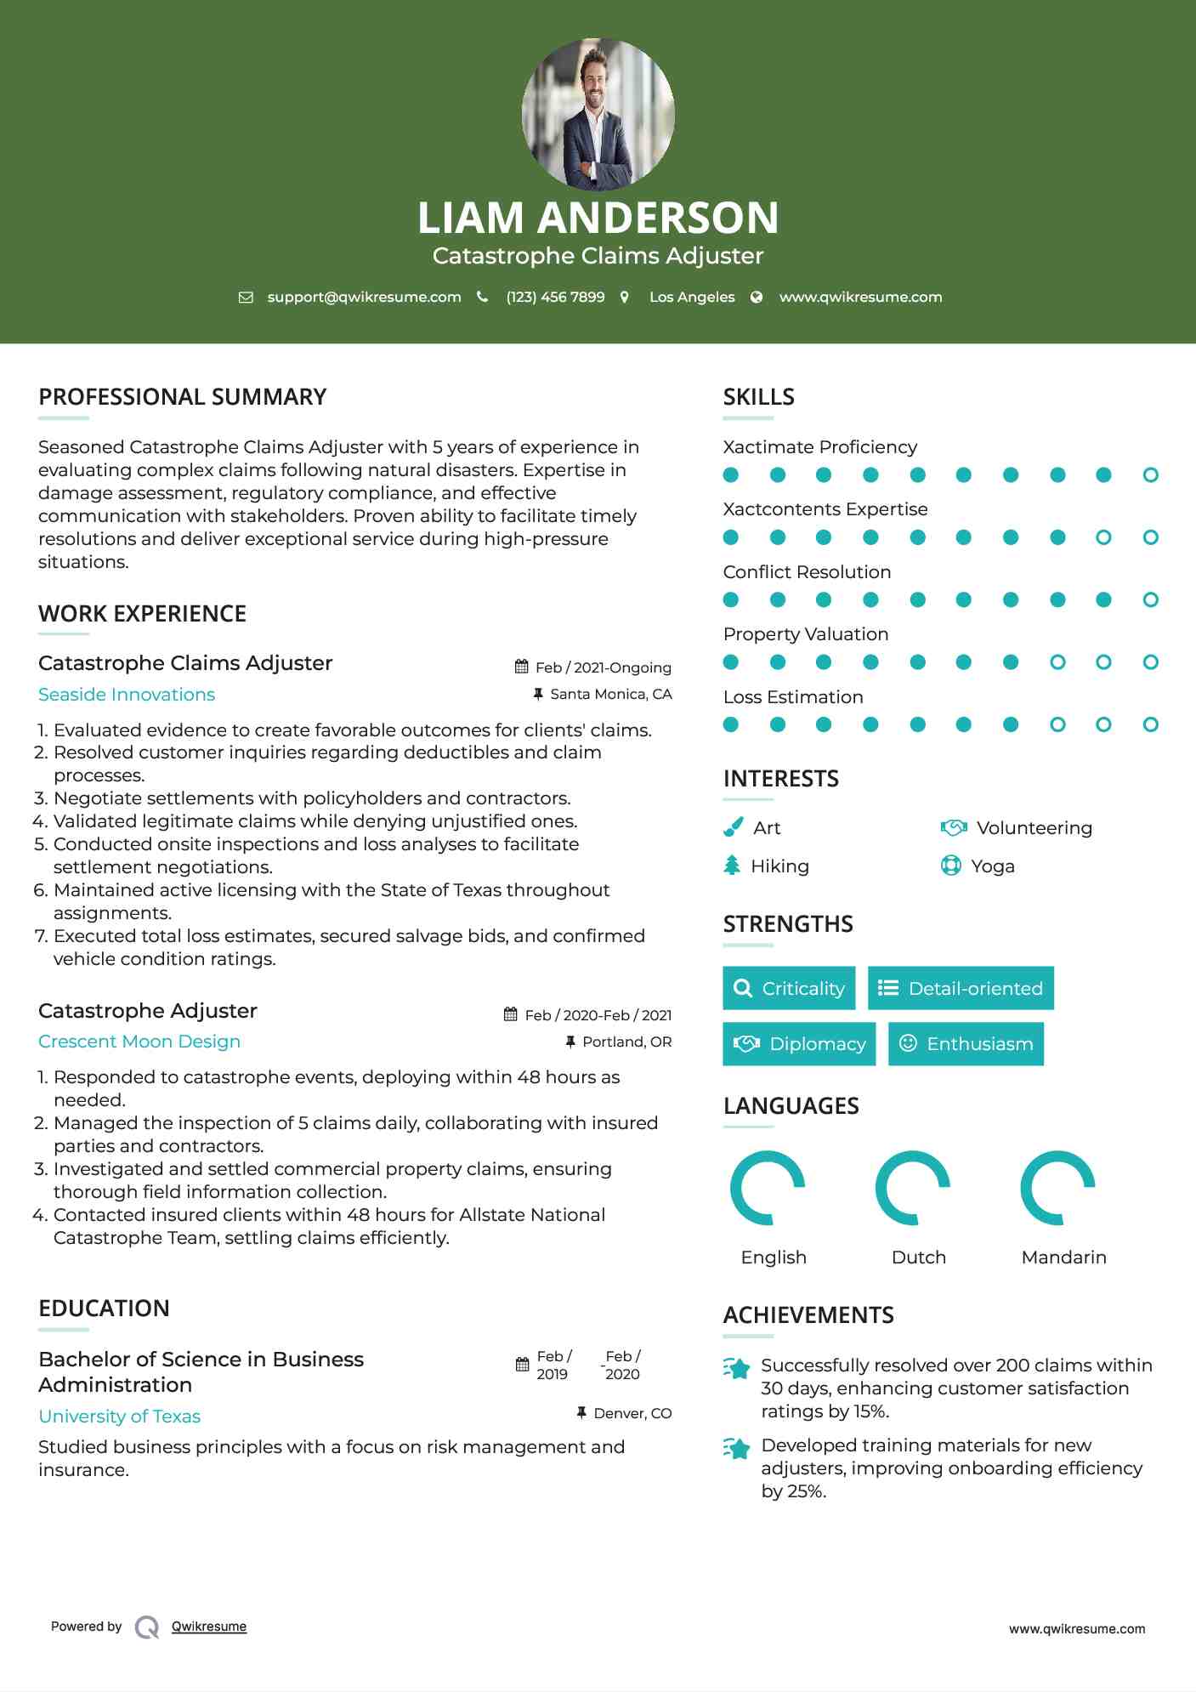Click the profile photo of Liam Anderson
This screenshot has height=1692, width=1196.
(598, 115)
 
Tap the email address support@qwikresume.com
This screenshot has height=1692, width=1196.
(364, 297)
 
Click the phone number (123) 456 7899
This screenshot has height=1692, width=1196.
(555, 297)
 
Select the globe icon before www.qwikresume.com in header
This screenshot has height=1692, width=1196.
(757, 297)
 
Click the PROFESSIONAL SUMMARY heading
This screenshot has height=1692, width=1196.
(182, 397)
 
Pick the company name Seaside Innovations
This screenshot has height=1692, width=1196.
(127, 695)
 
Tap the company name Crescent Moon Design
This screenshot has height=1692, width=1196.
(139, 1042)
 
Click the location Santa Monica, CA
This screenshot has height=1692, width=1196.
(610, 694)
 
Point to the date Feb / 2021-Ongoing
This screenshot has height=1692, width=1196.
(603, 667)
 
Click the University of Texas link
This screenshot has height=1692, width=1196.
(120, 1417)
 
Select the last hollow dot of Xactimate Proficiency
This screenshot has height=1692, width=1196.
(1150, 475)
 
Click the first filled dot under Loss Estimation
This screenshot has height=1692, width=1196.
(730, 724)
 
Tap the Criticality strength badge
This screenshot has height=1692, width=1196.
(789, 988)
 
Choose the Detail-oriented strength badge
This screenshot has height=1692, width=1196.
(961, 988)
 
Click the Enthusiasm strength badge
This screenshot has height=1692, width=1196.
(966, 1044)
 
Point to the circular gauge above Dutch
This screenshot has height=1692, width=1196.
(913, 1188)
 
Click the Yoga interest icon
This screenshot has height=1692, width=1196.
(950, 866)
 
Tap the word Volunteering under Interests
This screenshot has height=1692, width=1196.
(1034, 828)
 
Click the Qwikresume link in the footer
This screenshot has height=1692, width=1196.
(209, 1627)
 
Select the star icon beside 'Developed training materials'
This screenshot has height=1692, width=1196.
(737, 1448)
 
